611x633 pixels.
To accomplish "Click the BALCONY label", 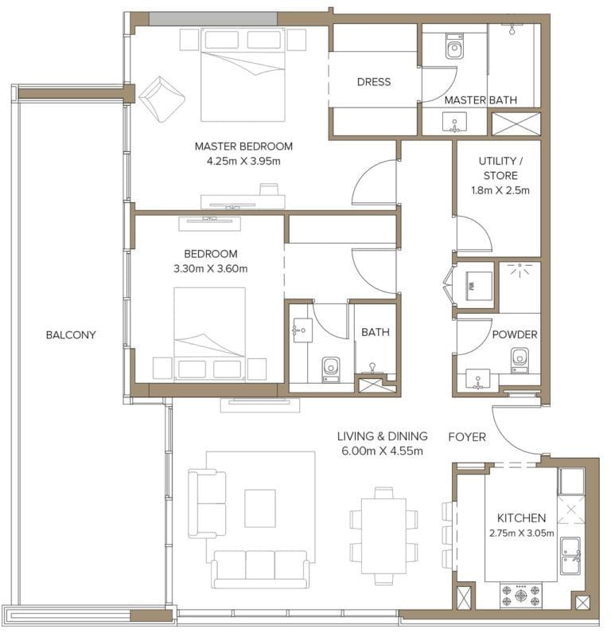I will pos(71,335).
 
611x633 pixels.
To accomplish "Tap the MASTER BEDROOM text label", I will pos(243,147).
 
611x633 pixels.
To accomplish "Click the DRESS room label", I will pos(373,82).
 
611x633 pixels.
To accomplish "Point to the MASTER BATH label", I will pos(480,100).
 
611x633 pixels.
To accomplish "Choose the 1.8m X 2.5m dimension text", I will pos(499,190).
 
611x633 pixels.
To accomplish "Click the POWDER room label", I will pos(514,334).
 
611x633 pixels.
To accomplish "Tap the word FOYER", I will pos(467,437).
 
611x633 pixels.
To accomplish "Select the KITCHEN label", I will pos(521,518).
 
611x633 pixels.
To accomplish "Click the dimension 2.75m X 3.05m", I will pos(521,532).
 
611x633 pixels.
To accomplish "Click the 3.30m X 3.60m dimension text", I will pos(209,268).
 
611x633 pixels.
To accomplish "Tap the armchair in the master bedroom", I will pos(162,99).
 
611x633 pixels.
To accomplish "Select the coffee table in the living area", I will pos(259,508).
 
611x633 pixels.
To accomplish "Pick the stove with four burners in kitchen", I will pos(520,593).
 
